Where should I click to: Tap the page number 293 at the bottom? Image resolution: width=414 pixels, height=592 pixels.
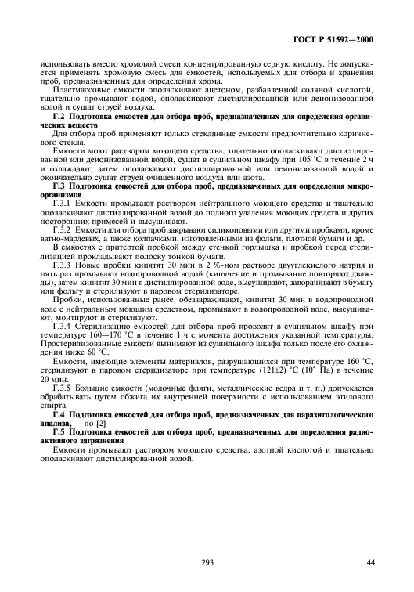pyautogui.click(x=206, y=561)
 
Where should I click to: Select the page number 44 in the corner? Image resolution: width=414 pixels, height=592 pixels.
pyautogui.click(x=371, y=561)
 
